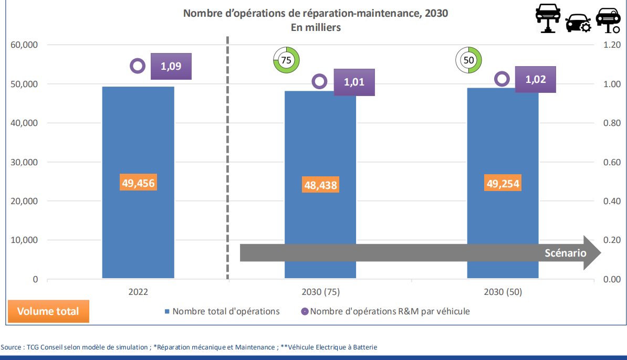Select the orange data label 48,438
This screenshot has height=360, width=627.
pos(320,185)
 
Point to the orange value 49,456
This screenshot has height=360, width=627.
pos(138,183)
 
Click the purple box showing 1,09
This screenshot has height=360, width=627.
pos(171,67)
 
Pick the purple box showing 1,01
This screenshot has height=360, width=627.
pos(354,82)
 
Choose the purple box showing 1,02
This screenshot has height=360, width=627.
pos(535,80)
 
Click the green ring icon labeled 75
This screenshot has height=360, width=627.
pos(286,60)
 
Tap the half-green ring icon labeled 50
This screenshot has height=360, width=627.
pos(469,60)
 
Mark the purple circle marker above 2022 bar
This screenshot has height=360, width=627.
pos(138,66)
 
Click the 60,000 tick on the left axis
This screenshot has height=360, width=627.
pos(25,45)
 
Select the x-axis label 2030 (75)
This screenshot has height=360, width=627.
pos(320,292)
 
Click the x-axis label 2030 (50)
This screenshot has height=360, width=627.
pos(503,292)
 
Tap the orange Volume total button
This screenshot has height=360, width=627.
pos(48,311)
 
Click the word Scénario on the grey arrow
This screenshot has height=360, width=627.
pos(565,253)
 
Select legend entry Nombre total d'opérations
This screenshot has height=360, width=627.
pos(226,311)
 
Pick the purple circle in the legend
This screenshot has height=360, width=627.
pos(304,311)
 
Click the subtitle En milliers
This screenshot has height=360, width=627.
pos(316,27)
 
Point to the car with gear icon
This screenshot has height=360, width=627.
pos(578,24)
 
